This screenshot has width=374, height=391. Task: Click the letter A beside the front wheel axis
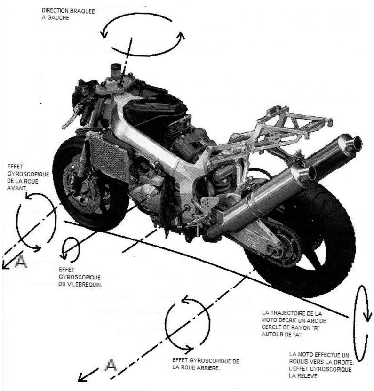(x=20, y=262)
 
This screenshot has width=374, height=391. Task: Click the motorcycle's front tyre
(x=64, y=155)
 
